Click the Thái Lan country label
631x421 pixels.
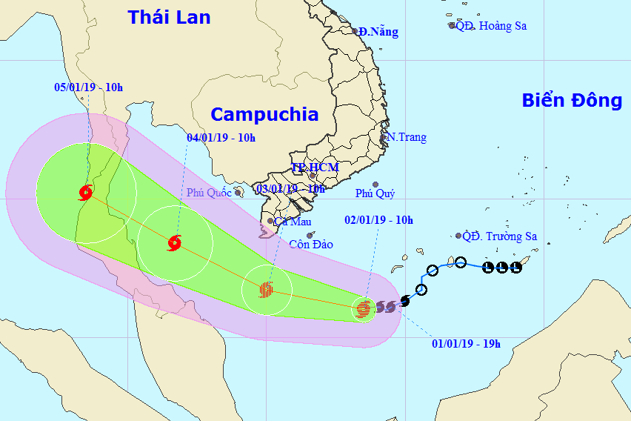tap(169, 17)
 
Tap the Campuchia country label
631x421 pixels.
tap(264, 114)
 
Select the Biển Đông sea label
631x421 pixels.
tap(572, 101)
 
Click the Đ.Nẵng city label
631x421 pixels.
tap(378, 32)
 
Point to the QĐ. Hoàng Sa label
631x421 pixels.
tap(490, 25)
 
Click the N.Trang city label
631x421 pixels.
tap(407, 137)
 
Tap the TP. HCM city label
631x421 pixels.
tap(314, 168)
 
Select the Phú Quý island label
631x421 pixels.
tap(375, 193)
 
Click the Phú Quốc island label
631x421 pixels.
tap(210, 193)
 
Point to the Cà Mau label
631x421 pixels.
tap(293, 222)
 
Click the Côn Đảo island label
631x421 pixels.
tap(311, 244)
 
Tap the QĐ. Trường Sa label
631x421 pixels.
tap(500, 237)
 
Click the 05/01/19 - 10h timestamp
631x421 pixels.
tap(89, 87)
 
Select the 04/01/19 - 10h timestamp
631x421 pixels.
tap(221, 137)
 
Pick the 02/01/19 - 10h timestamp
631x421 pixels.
tap(379, 219)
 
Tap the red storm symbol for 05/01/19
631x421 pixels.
tap(85, 193)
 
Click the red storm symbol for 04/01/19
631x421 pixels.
tap(175, 241)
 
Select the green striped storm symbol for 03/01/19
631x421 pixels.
tap(266, 289)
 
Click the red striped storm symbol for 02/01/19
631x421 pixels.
tap(363, 308)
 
